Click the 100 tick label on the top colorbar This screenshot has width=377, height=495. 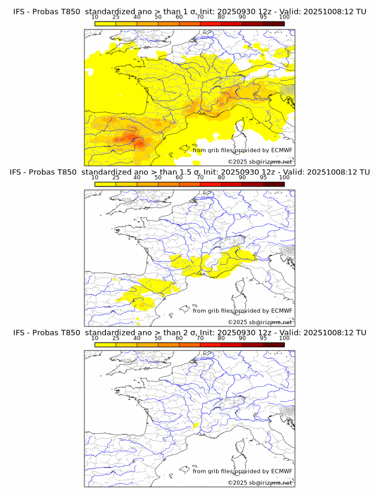pyautogui.click(x=284, y=17)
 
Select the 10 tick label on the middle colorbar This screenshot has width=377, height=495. pyautogui.click(x=95, y=178)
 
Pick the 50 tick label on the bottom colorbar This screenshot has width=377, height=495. pyautogui.click(x=158, y=338)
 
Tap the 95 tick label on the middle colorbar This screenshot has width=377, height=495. pyautogui.click(x=263, y=178)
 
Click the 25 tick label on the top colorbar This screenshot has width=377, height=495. pyautogui.click(x=115, y=17)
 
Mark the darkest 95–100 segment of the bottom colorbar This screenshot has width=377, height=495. pyautogui.click(x=273, y=344)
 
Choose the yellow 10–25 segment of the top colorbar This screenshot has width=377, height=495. pyautogui.click(x=105, y=23)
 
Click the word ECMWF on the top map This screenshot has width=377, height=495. pyautogui.click(x=281, y=150)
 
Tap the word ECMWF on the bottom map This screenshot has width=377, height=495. pyautogui.click(x=281, y=471)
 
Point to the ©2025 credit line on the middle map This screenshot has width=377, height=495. pyautogui.click(x=260, y=322)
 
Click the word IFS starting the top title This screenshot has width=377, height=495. pyautogui.click(x=19, y=11)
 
